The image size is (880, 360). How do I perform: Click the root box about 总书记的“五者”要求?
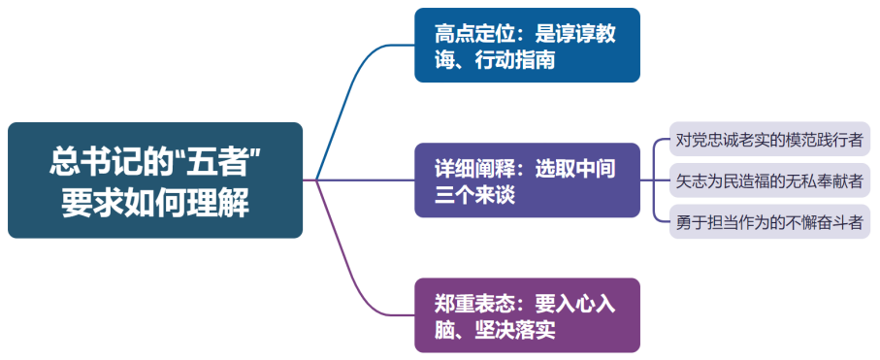(155, 180)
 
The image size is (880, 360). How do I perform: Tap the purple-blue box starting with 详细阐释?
(527, 180)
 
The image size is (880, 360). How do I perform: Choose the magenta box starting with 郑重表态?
(527, 314)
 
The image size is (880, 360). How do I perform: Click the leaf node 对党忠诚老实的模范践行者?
(770, 139)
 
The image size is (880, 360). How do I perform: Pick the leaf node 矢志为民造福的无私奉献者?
(770, 180)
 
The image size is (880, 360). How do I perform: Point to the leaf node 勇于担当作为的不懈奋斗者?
(770, 220)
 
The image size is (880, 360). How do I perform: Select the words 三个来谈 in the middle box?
(475, 194)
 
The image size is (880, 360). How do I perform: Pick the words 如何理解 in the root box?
(180, 202)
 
